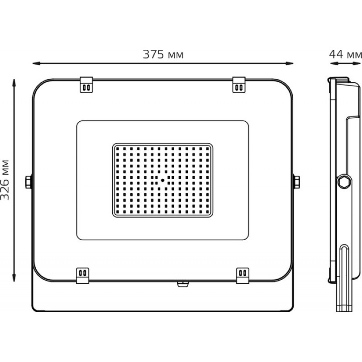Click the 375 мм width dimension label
click(x=163, y=54)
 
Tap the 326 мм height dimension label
click(x=5, y=180)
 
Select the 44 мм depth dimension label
click(x=345, y=54)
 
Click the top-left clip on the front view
click(x=86, y=85)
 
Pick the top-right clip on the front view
click(x=239, y=85)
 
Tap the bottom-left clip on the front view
click(x=83, y=276)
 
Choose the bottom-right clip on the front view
click(x=243, y=276)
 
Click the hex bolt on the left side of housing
click(x=29, y=182)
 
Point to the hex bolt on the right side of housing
click(x=296, y=182)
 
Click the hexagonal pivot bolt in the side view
click(x=344, y=182)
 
